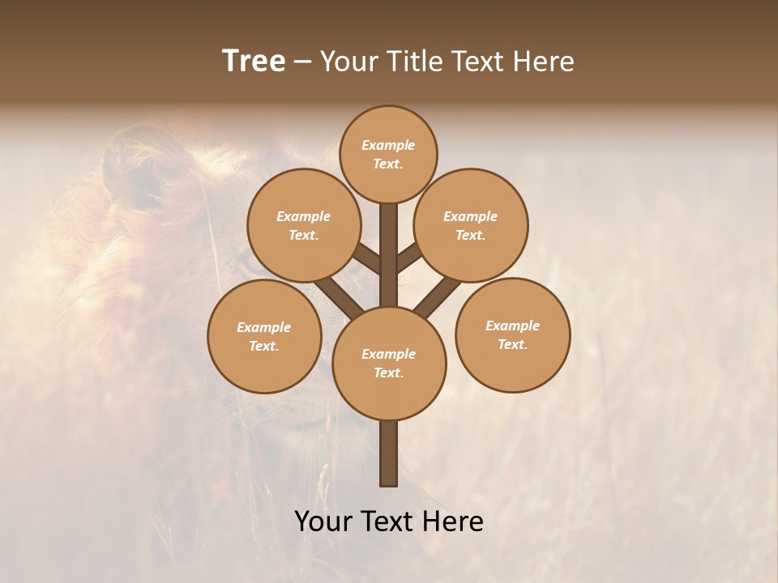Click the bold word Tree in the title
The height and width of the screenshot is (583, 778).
click(x=254, y=61)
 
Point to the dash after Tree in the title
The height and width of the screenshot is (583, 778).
click(x=302, y=62)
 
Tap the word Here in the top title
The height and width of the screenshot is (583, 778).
click(x=544, y=61)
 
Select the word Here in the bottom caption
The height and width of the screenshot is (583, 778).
click(x=454, y=521)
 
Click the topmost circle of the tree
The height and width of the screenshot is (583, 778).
click(x=388, y=154)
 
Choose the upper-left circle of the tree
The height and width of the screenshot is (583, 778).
click(x=303, y=225)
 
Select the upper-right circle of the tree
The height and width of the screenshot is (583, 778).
click(x=471, y=225)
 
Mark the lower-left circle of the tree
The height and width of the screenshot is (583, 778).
click(x=264, y=336)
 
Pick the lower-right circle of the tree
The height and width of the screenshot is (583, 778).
click(x=512, y=334)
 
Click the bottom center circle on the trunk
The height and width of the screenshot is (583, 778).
click(x=389, y=363)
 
